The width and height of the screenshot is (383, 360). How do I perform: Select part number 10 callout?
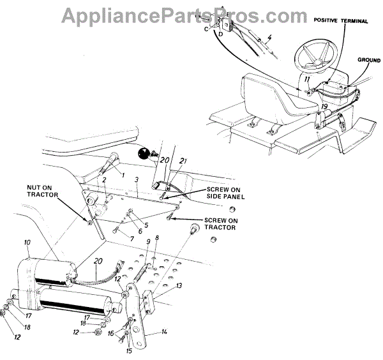27,243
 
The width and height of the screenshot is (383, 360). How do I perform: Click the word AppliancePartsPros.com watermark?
191,13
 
